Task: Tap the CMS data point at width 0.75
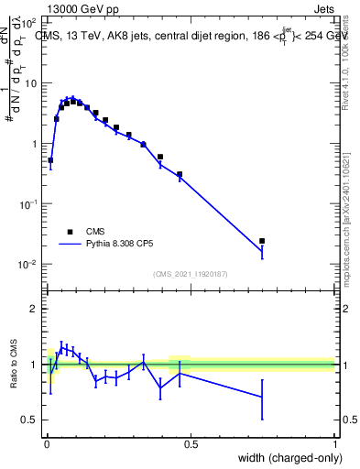click(x=262, y=241)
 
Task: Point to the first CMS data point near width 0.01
click(x=49, y=160)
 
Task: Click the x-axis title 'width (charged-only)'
click(x=283, y=458)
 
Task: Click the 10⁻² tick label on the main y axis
click(x=29, y=265)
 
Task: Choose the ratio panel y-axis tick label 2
click(x=35, y=309)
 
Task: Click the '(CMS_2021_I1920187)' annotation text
click(x=191, y=274)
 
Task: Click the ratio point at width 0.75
click(x=262, y=397)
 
